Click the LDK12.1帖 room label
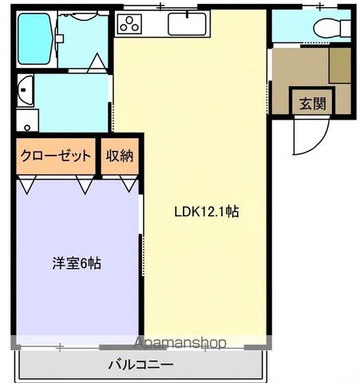pyautogui.click(x=207, y=212)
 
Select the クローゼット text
pyautogui.click(x=55, y=156)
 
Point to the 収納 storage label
pyautogui.click(x=121, y=156)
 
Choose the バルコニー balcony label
pyautogui.click(x=140, y=365)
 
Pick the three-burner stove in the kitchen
pyautogui.click(x=129, y=24)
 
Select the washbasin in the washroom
pyautogui.click(x=24, y=89)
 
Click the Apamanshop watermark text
pyautogui.click(x=180, y=343)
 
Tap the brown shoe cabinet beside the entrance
pyautogui.click(x=341, y=65)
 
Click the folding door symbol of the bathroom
pyautogui.click(x=97, y=62)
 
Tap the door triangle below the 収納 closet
pyautogui.click(x=128, y=184)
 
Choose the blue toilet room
pyautogui.click(x=310, y=27)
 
